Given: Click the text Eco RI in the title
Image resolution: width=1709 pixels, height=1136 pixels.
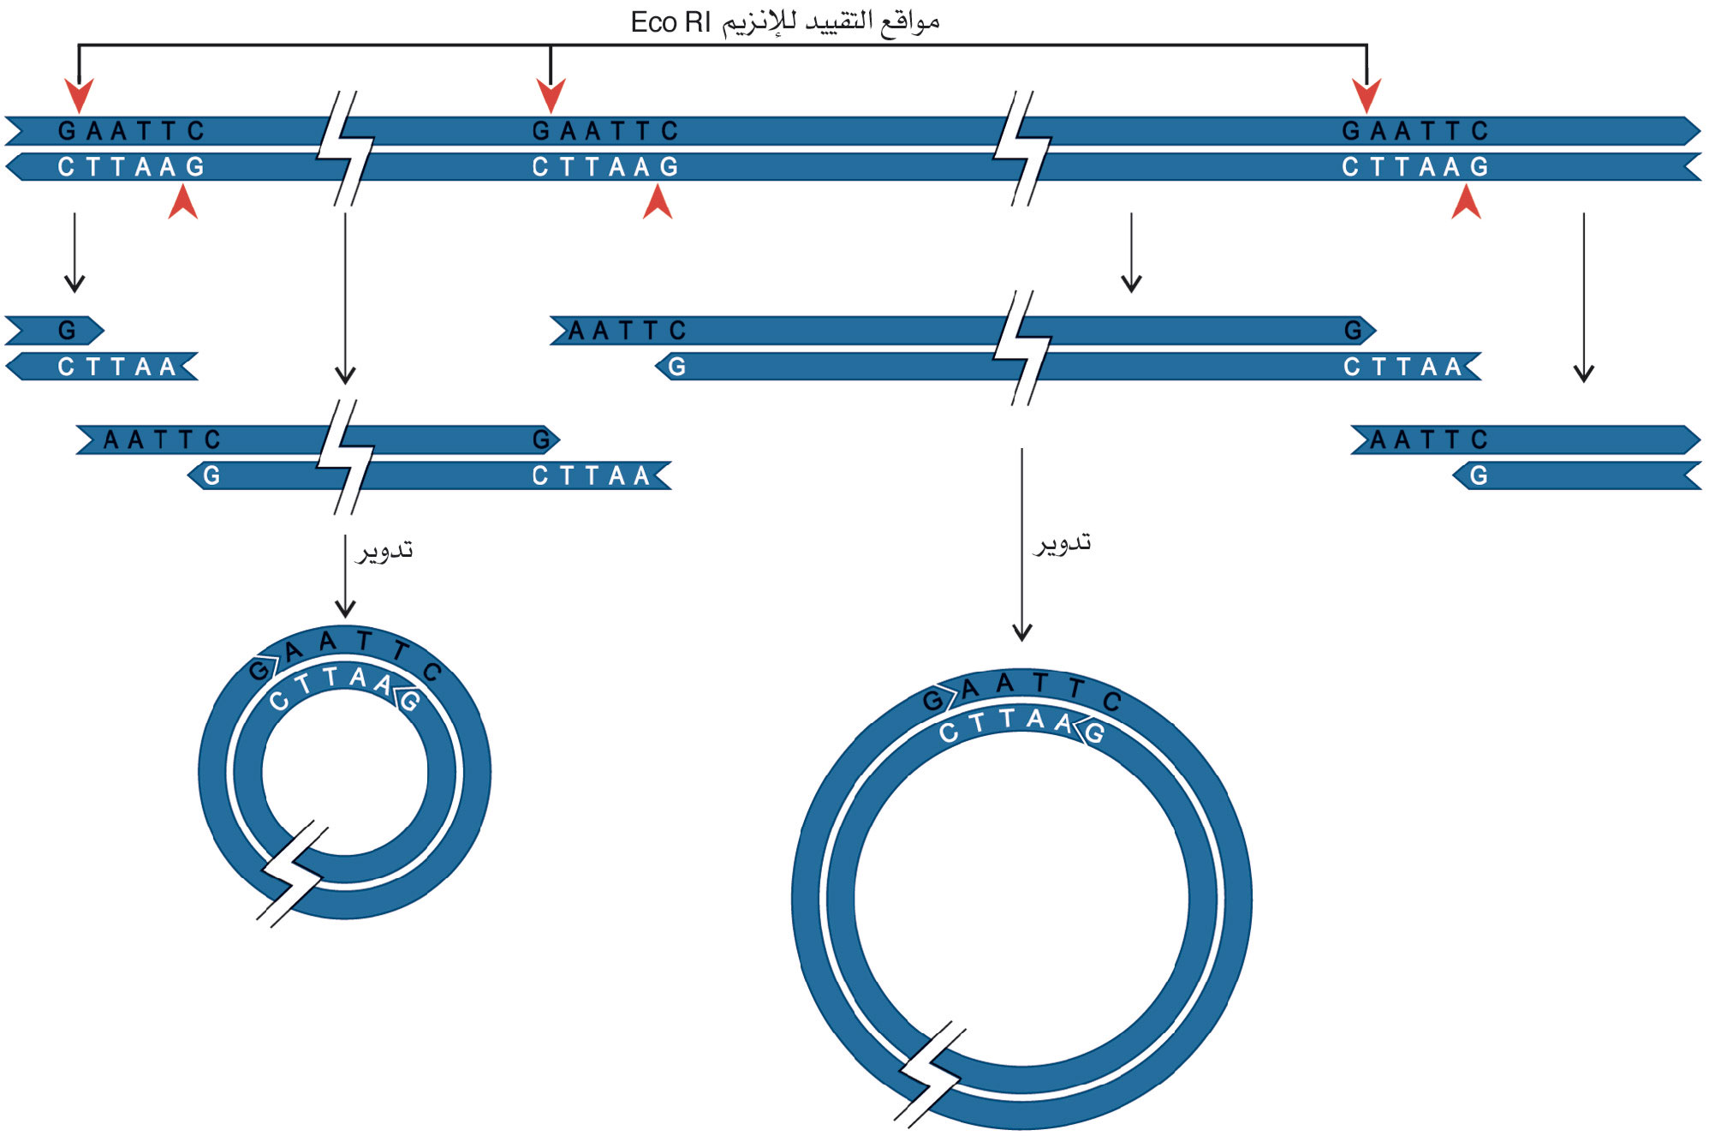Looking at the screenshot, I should click(670, 22).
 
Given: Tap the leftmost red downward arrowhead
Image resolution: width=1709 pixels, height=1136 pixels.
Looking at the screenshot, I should click(79, 95).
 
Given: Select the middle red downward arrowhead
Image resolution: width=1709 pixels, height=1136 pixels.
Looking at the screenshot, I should click(551, 95).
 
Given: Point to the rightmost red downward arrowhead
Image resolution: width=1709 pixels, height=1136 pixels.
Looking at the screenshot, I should click(1367, 95).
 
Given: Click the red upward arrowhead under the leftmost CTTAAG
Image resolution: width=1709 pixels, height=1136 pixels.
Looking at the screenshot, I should click(183, 203).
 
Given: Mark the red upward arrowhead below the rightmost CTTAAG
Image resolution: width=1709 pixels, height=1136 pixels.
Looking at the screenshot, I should click(1466, 203).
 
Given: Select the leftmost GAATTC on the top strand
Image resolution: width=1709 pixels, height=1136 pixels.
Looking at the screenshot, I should click(131, 131).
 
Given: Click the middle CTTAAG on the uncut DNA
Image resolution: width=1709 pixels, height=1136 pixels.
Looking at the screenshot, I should click(604, 167).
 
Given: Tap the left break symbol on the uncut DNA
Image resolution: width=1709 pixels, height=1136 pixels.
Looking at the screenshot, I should click(345, 148).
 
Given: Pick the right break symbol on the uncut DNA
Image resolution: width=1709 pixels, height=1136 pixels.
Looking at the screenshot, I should click(1021, 148).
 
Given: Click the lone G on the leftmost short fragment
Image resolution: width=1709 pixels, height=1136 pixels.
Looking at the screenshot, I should click(67, 331).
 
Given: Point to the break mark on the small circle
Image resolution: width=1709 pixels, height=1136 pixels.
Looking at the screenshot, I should click(292, 874).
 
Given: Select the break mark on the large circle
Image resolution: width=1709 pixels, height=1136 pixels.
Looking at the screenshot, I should click(930, 1073).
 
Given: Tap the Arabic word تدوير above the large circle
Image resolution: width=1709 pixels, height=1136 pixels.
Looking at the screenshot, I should click(1063, 543).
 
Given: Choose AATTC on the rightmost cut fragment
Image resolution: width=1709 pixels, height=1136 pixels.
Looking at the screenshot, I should click(1428, 440).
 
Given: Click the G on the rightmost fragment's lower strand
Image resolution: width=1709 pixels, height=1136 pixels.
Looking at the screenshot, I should click(1479, 476).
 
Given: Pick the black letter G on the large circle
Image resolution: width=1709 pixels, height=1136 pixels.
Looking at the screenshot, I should click(932, 701).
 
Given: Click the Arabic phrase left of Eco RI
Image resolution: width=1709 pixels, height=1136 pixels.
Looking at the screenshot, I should click(831, 22).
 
